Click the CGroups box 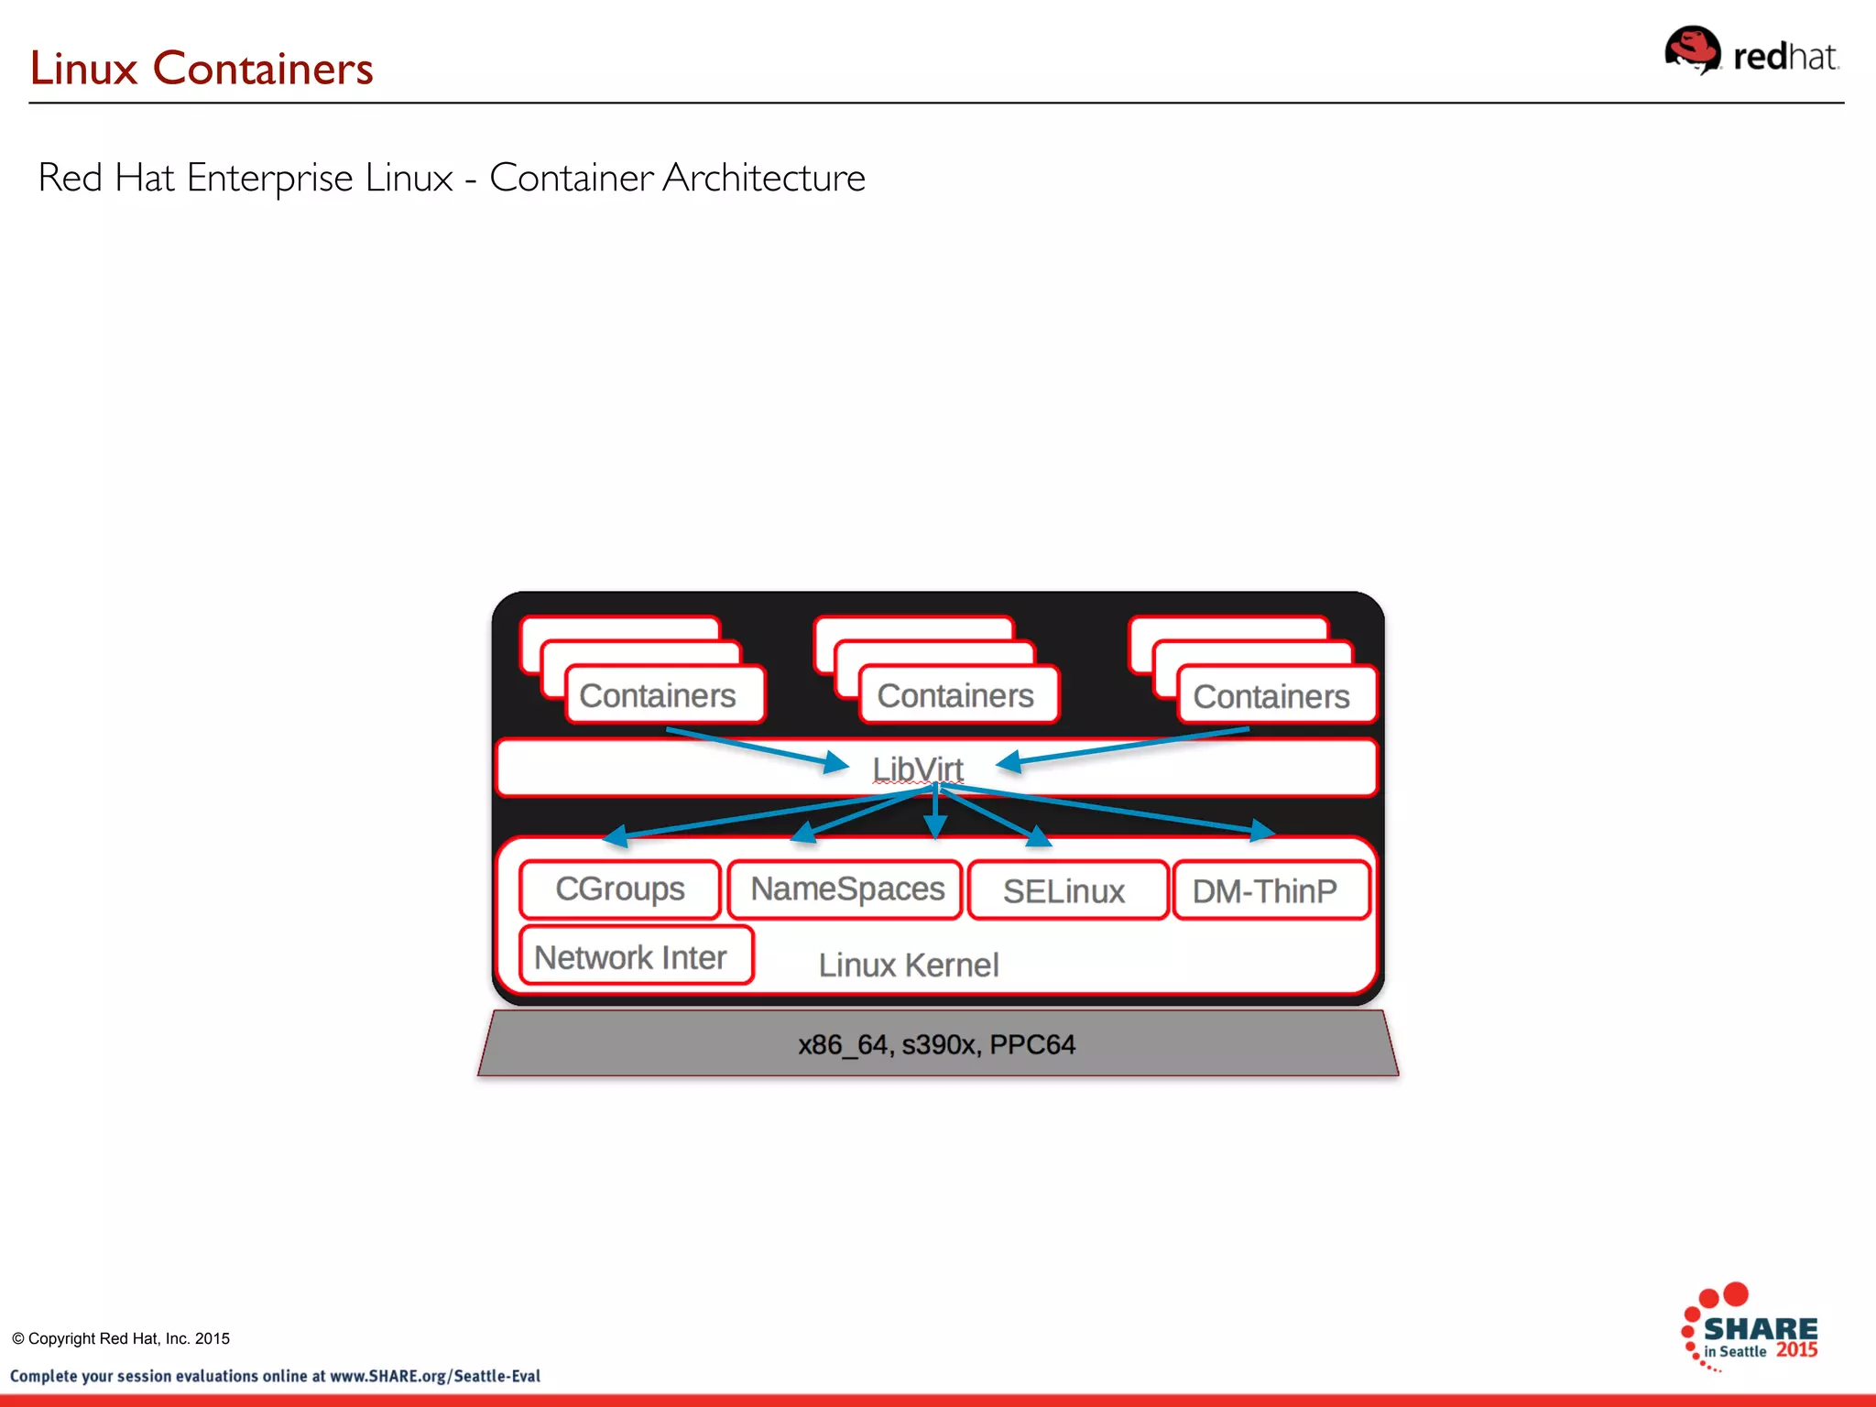pyautogui.click(x=620, y=889)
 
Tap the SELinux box pyautogui.click(x=1064, y=890)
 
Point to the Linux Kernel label pyautogui.click(x=908, y=965)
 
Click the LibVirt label pyautogui.click(x=917, y=769)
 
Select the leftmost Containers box pyautogui.click(x=658, y=696)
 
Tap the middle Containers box pyautogui.click(x=955, y=696)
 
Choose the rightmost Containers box pyautogui.click(x=1271, y=697)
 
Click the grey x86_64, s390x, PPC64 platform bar pyautogui.click(x=936, y=1044)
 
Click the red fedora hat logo pyautogui.click(x=1691, y=51)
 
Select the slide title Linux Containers pyautogui.click(x=202, y=69)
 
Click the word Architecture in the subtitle pyautogui.click(x=764, y=178)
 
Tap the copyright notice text pyautogui.click(x=121, y=1338)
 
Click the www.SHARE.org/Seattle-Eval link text pyautogui.click(x=434, y=1376)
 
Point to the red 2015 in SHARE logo pyautogui.click(x=1796, y=1350)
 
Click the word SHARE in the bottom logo pyautogui.click(x=1760, y=1329)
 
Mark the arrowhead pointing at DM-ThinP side pyautogui.click(x=1264, y=830)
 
